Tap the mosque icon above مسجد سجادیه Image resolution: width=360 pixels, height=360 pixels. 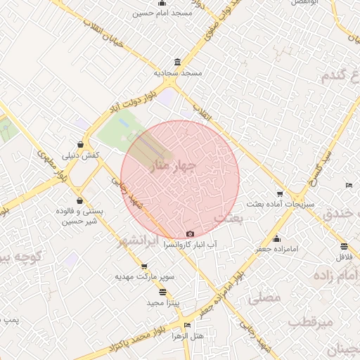pos(176,61)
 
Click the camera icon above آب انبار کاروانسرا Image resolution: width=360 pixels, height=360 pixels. pos(190,234)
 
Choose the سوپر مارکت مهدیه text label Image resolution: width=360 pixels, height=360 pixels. pos(144,277)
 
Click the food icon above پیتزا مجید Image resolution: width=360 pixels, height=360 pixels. pos(163,292)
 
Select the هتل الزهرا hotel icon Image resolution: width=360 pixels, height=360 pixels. pos(186,326)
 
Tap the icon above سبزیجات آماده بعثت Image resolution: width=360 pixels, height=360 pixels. pos(281,194)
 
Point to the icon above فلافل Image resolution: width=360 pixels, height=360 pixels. pos(344,246)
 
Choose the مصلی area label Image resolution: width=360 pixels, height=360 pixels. pos(264,298)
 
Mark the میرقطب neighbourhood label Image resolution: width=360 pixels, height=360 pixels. pos(310,323)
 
